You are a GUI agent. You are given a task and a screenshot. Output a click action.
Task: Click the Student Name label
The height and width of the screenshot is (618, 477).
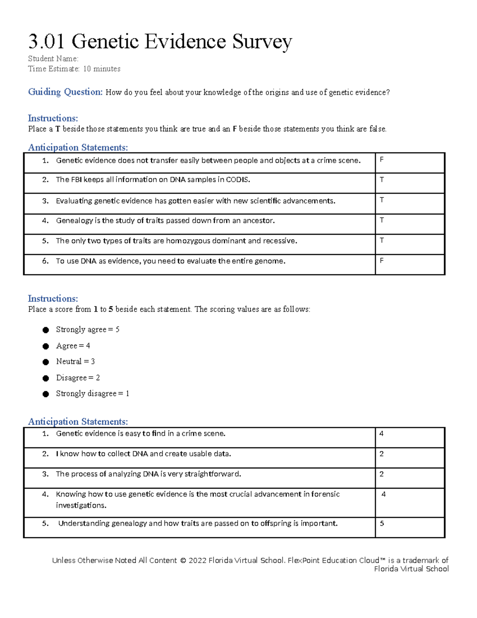53,58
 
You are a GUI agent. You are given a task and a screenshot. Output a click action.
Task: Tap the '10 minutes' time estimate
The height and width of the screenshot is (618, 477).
102,69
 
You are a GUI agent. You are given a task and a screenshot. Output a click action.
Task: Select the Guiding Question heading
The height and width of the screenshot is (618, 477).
65,92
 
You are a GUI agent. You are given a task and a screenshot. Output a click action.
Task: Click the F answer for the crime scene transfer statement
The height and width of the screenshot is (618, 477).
382,160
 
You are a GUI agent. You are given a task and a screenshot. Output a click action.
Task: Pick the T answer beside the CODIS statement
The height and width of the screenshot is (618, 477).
382,180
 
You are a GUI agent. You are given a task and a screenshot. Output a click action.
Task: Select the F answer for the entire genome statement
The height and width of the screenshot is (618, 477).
382,261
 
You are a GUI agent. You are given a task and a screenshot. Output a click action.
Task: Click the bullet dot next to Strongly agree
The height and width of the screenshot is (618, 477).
46,330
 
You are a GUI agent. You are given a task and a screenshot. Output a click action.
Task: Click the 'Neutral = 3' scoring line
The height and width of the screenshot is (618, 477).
76,361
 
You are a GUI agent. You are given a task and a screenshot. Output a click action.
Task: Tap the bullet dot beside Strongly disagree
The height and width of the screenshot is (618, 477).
46,394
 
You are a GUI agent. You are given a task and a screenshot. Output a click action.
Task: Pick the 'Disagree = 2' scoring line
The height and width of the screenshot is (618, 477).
78,378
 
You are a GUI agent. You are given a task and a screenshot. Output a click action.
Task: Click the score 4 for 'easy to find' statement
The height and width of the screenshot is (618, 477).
381,434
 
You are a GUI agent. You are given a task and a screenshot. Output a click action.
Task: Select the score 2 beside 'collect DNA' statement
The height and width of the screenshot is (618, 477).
381,454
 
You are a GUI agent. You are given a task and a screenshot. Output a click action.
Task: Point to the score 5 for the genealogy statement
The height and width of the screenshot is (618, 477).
382,524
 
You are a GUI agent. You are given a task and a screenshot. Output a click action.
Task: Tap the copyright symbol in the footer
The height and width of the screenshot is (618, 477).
183,561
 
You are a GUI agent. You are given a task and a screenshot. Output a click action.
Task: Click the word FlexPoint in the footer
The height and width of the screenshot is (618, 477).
304,560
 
